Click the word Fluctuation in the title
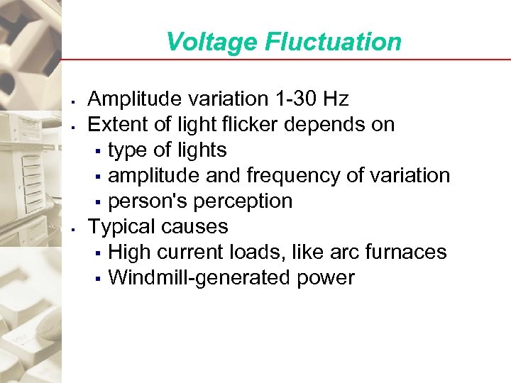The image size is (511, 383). (333, 42)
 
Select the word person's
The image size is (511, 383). (144, 201)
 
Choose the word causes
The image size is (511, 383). (195, 227)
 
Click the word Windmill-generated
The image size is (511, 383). (199, 278)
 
